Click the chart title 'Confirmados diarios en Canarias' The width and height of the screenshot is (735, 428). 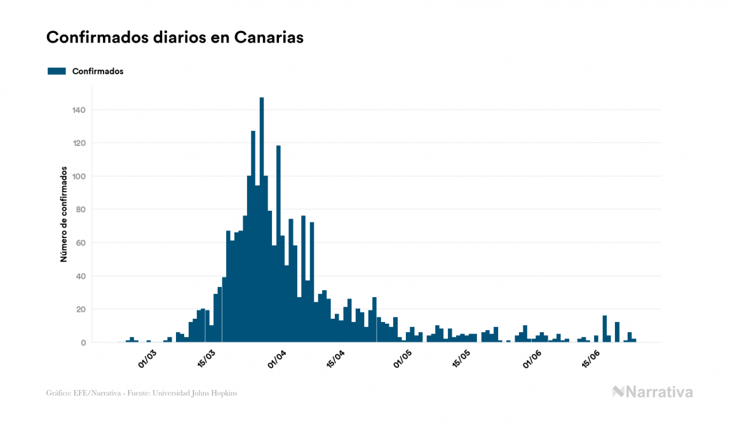(x=175, y=37)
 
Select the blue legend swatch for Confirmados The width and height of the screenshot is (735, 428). (x=57, y=71)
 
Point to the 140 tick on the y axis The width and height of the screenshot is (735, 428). (x=79, y=110)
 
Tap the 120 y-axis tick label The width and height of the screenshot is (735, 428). (x=79, y=143)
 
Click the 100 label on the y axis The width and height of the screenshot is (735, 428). (x=79, y=177)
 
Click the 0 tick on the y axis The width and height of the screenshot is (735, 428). (x=83, y=343)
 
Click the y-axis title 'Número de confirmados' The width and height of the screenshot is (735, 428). (x=64, y=215)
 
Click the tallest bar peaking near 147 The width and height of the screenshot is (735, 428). (x=262, y=222)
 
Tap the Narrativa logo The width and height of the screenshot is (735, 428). (x=652, y=392)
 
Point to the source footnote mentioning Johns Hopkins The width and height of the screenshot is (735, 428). (x=142, y=393)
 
